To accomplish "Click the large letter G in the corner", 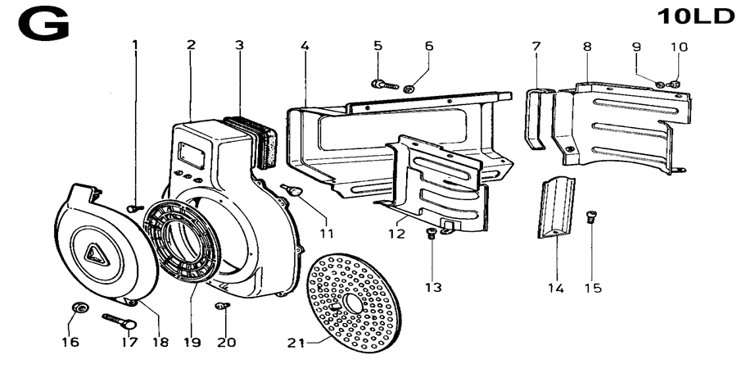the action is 43,25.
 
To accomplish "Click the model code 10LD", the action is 695,16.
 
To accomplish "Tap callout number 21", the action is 296,343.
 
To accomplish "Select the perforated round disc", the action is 354,303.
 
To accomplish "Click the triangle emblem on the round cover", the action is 98,256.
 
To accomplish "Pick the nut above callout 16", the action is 78,307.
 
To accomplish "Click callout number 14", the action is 555,289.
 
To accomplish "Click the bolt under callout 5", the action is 384,84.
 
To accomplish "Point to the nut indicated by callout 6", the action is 408,89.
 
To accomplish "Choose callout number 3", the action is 239,45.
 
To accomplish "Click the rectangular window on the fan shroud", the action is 191,154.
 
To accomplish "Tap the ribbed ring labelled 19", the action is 183,243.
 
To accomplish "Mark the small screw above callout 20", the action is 222,306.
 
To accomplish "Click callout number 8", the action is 587,47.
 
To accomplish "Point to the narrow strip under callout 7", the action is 536,118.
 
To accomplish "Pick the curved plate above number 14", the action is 557,207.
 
